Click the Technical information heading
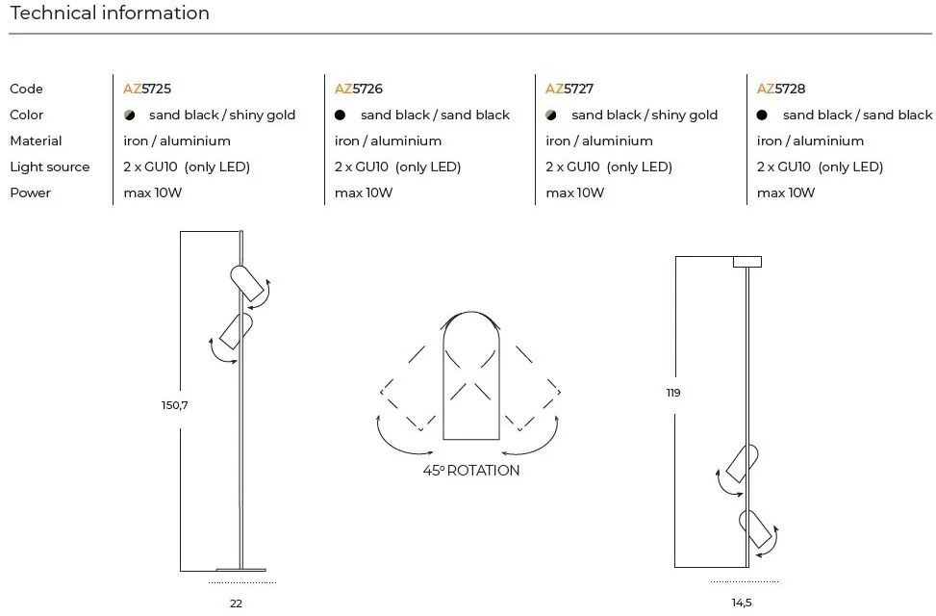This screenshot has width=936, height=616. tap(110, 13)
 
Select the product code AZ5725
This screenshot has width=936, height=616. tap(147, 89)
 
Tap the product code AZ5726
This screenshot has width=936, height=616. tap(359, 89)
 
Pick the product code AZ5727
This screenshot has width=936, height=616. tap(569, 89)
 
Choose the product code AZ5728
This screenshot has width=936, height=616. tap(781, 89)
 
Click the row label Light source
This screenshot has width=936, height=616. tap(50, 167)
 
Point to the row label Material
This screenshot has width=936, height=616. tap(36, 141)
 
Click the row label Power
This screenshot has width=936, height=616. tap(30, 192)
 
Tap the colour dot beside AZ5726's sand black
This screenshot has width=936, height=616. tap(341, 115)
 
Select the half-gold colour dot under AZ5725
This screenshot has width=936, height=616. tap(130, 115)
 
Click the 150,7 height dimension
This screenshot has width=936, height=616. tap(174, 405)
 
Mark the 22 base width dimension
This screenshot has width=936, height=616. tap(236, 603)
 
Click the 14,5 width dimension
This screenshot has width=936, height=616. tap(741, 603)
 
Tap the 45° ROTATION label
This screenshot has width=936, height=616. tap(470, 471)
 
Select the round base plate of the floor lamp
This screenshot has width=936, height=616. tap(240, 569)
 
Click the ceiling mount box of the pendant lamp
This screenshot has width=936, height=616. tap(747, 261)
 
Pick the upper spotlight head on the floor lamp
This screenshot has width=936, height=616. tap(246, 280)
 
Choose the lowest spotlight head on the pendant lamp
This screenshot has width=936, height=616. tap(755, 528)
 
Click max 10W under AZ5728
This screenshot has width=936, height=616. tap(786, 192)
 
